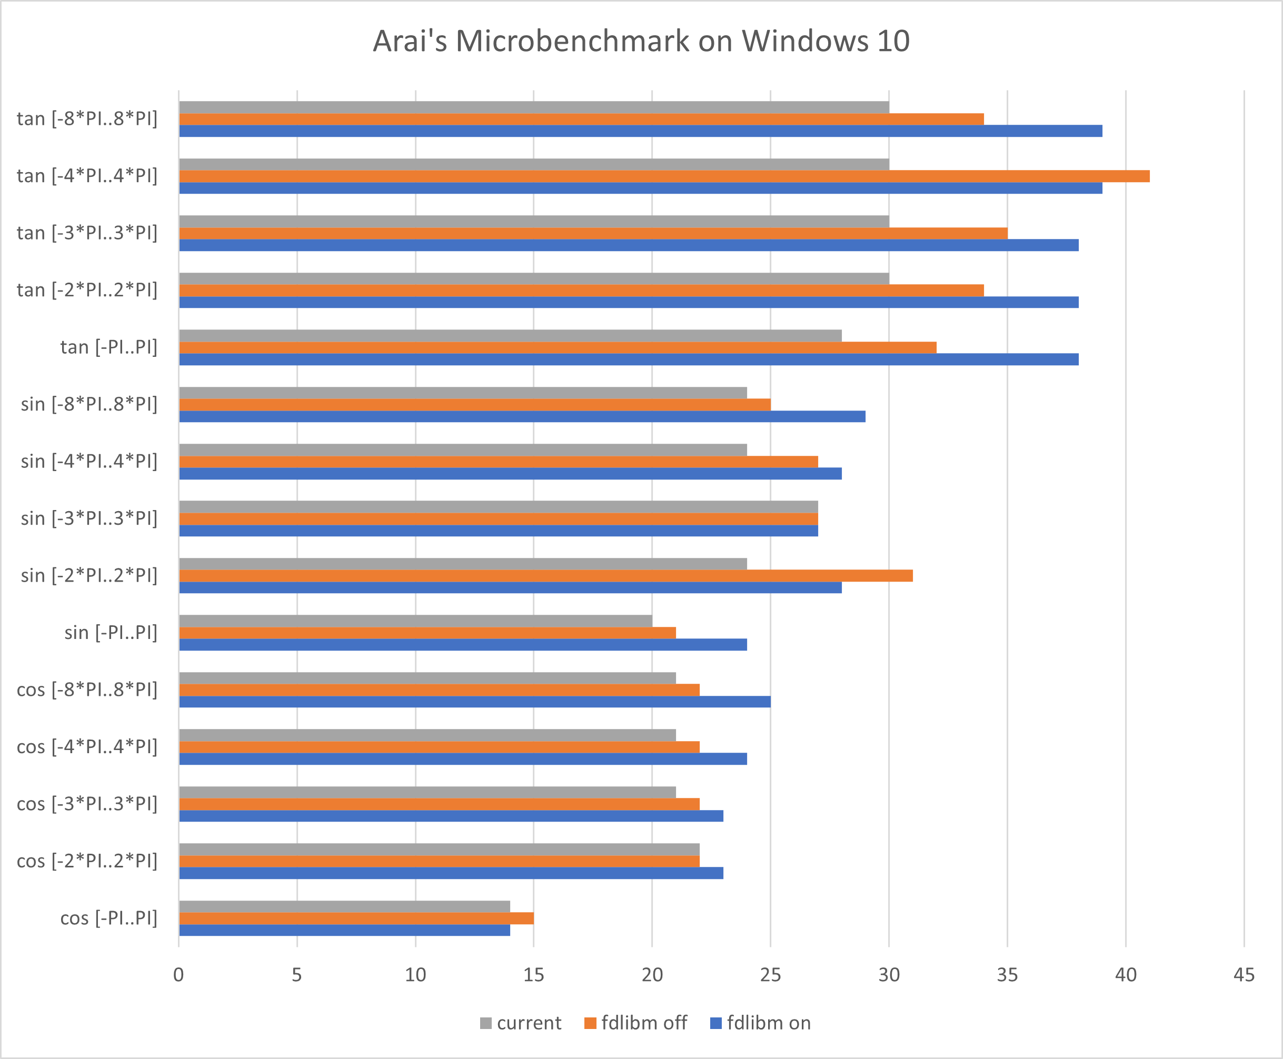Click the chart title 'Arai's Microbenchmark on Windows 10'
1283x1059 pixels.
click(641, 42)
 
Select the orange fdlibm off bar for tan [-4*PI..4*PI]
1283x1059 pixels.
click(664, 176)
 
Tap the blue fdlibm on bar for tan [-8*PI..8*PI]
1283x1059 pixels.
click(641, 131)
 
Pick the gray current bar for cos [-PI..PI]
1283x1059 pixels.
click(344, 906)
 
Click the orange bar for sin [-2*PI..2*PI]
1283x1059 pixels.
click(545, 576)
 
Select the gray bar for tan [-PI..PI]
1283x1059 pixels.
click(510, 335)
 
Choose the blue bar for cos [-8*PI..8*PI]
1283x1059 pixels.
click(475, 702)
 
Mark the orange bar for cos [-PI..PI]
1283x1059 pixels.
click(356, 918)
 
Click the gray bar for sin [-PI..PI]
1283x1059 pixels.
click(415, 621)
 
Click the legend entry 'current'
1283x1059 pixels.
click(520, 1023)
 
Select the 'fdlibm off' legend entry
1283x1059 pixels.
click(635, 1023)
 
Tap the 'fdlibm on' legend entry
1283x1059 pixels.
click(761, 1023)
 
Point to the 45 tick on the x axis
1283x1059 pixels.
click(1244, 975)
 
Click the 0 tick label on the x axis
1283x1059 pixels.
click(179, 975)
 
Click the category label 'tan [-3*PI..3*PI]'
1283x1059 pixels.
click(87, 233)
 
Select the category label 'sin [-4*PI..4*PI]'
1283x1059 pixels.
click(89, 461)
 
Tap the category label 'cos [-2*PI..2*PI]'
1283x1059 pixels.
click(87, 861)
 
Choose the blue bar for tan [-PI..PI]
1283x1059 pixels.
click(629, 359)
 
